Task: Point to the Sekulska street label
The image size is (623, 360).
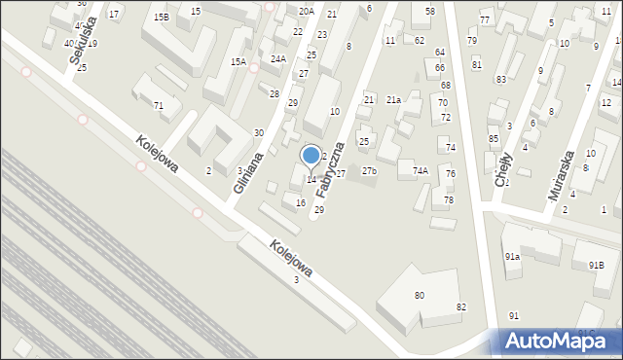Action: (x=76, y=42)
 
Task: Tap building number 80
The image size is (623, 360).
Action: (x=420, y=295)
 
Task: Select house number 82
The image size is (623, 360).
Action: (x=461, y=307)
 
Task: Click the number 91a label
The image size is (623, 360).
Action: (x=512, y=256)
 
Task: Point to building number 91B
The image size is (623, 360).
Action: (x=596, y=266)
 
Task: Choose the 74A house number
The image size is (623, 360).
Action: (x=421, y=170)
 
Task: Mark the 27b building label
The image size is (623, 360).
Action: (x=369, y=171)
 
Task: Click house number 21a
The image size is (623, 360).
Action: (x=393, y=100)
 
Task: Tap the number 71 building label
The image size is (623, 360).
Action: (x=159, y=105)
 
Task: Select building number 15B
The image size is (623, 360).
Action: (x=160, y=18)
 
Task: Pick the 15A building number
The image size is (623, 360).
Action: (x=238, y=61)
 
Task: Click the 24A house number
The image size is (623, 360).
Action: (x=278, y=58)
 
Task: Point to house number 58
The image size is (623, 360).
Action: (x=429, y=11)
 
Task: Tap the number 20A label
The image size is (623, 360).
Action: (x=307, y=11)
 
